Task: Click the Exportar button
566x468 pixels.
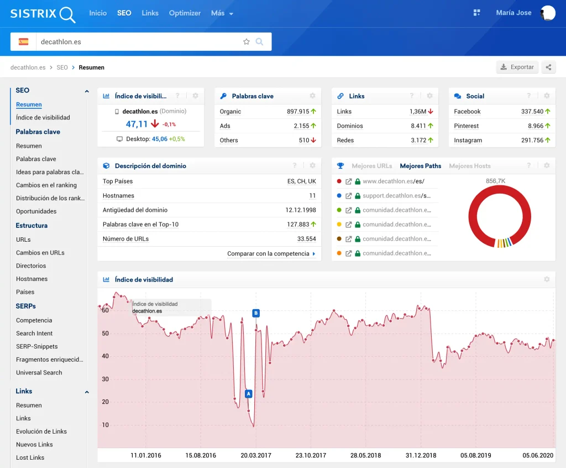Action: [x=517, y=67]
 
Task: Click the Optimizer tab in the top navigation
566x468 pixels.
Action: [x=185, y=13]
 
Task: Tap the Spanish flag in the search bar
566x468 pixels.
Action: [x=23, y=41]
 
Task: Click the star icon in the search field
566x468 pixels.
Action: [x=246, y=41]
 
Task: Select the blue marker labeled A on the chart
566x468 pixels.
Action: [x=248, y=393]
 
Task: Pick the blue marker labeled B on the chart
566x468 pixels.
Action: [x=256, y=313]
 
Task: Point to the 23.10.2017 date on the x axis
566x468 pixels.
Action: [x=311, y=455]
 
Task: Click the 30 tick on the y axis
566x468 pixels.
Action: [x=105, y=379]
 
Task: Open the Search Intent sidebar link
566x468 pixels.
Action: [x=34, y=333]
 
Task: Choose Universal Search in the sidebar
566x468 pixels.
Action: [x=39, y=373]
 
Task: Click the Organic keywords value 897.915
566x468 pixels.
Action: [x=298, y=111]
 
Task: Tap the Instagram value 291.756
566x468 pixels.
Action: [x=532, y=140]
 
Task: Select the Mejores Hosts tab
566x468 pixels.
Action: [x=470, y=166]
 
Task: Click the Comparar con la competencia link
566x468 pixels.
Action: [x=268, y=254]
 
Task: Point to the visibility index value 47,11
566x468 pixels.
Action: [x=137, y=124]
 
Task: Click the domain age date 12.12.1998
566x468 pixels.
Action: [x=301, y=210]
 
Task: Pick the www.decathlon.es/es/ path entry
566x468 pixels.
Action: [x=394, y=181]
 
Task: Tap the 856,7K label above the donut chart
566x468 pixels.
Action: [x=495, y=181]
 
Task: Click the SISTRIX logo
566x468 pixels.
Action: [x=43, y=14]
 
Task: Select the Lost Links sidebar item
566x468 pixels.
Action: [x=30, y=457]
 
